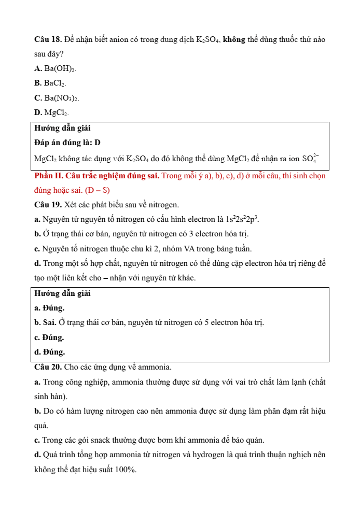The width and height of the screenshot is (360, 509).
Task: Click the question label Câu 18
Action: [48, 40]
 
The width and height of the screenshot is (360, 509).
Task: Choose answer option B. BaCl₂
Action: [50, 83]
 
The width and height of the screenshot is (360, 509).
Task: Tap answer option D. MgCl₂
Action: [51, 112]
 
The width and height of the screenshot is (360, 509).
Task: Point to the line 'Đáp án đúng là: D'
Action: [67, 143]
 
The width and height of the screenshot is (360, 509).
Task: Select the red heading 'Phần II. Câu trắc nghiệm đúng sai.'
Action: [96, 176]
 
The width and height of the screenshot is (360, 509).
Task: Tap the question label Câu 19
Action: [48, 205]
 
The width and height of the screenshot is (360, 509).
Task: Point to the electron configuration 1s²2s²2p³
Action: [242, 219]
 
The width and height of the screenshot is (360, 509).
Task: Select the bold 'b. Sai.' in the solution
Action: [45, 322]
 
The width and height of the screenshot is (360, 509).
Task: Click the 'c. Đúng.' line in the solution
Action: [49, 337]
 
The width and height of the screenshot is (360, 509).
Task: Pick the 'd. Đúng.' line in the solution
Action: [50, 352]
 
